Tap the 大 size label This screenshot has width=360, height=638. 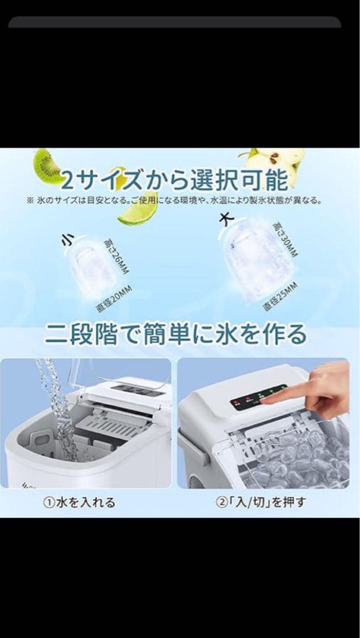pos(226,219)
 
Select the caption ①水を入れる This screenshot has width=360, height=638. pos(81,503)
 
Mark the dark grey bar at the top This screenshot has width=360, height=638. pos(175,22)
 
